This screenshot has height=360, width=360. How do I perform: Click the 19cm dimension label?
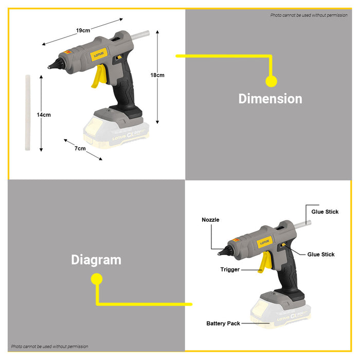tap(83, 30)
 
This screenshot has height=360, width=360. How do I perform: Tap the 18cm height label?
tap(157, 75)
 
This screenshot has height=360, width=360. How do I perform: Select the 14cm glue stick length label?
tap(44, 115)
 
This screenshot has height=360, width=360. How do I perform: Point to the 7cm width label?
tap(80, 148)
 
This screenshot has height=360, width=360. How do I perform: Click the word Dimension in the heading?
tap(270, 99)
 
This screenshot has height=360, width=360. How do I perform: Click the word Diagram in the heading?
tap(96, 260)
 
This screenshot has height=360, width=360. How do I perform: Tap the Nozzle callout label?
tap(210, 220)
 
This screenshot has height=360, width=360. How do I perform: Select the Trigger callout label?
tap(230, 269)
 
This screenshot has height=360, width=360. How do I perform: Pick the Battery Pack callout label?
tap(223, 323)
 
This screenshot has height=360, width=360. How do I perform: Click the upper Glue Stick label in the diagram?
tap(325, 212)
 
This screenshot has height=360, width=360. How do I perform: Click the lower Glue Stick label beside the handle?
tap(321, 255)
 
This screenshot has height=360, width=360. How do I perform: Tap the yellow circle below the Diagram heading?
tap(97, 279)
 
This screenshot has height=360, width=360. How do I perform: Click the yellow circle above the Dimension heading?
tap(272, 81)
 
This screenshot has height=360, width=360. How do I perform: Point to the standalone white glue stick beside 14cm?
tap(28, 113)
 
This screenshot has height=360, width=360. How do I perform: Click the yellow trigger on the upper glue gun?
tap(99, 76)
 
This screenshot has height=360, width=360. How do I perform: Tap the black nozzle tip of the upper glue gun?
tap(55, 64)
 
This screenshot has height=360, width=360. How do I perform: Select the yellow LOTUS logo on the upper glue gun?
tap(99, 55)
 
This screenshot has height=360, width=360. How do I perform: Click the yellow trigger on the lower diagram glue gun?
tap(265, 262)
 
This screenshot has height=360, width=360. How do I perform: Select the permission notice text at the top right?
tap(309, 15)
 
